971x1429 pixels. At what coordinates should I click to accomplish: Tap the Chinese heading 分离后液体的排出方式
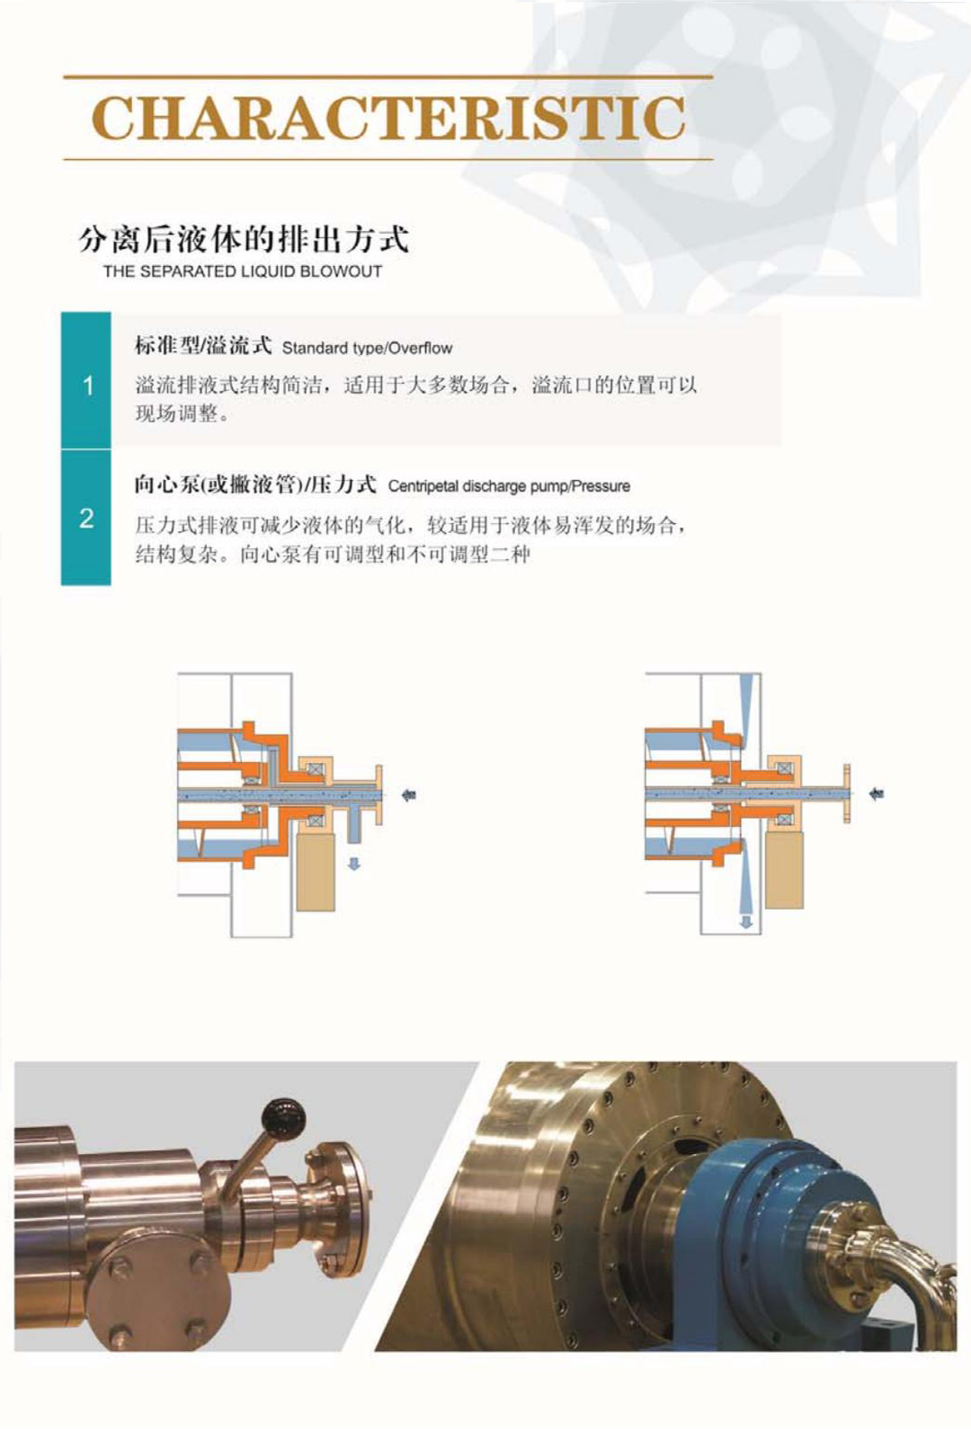[x=243, y=240]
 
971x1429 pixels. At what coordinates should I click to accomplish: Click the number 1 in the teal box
[x=88, y=386]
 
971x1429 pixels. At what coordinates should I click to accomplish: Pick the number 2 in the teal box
[x=87, y=518]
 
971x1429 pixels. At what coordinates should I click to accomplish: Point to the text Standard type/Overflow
[x=367, y=349]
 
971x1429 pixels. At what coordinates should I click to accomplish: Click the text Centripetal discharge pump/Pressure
[x=509, y=486]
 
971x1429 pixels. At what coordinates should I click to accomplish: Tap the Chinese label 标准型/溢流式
[x=203, y=346]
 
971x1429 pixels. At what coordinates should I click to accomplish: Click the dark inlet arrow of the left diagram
[x=409, y=794]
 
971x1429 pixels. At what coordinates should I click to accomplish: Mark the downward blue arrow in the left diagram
[x=354, y=864]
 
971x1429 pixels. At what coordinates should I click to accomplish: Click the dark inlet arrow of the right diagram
[x=877, y=794]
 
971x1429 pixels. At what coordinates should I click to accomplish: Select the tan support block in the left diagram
[x=316, y=873]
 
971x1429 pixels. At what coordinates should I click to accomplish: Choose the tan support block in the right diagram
[x=784, y=869]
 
